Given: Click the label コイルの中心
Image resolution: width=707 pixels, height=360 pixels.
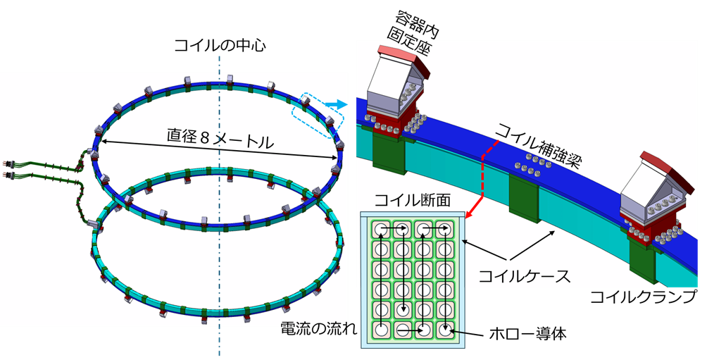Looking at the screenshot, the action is tap(220, 46).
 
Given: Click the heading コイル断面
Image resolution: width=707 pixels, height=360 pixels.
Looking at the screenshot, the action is tap(412, 200).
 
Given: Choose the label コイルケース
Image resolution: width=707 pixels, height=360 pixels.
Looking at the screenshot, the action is tap(525, 275).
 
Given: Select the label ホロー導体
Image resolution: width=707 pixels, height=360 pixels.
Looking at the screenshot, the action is tap(527, 334).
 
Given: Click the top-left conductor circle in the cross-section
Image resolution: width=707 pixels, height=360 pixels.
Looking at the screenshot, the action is tap(382, 230).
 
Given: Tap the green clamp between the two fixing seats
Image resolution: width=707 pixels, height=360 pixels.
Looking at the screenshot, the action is tap(523, 197).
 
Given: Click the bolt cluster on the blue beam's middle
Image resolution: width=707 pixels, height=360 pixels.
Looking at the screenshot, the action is tap(532, 163).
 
